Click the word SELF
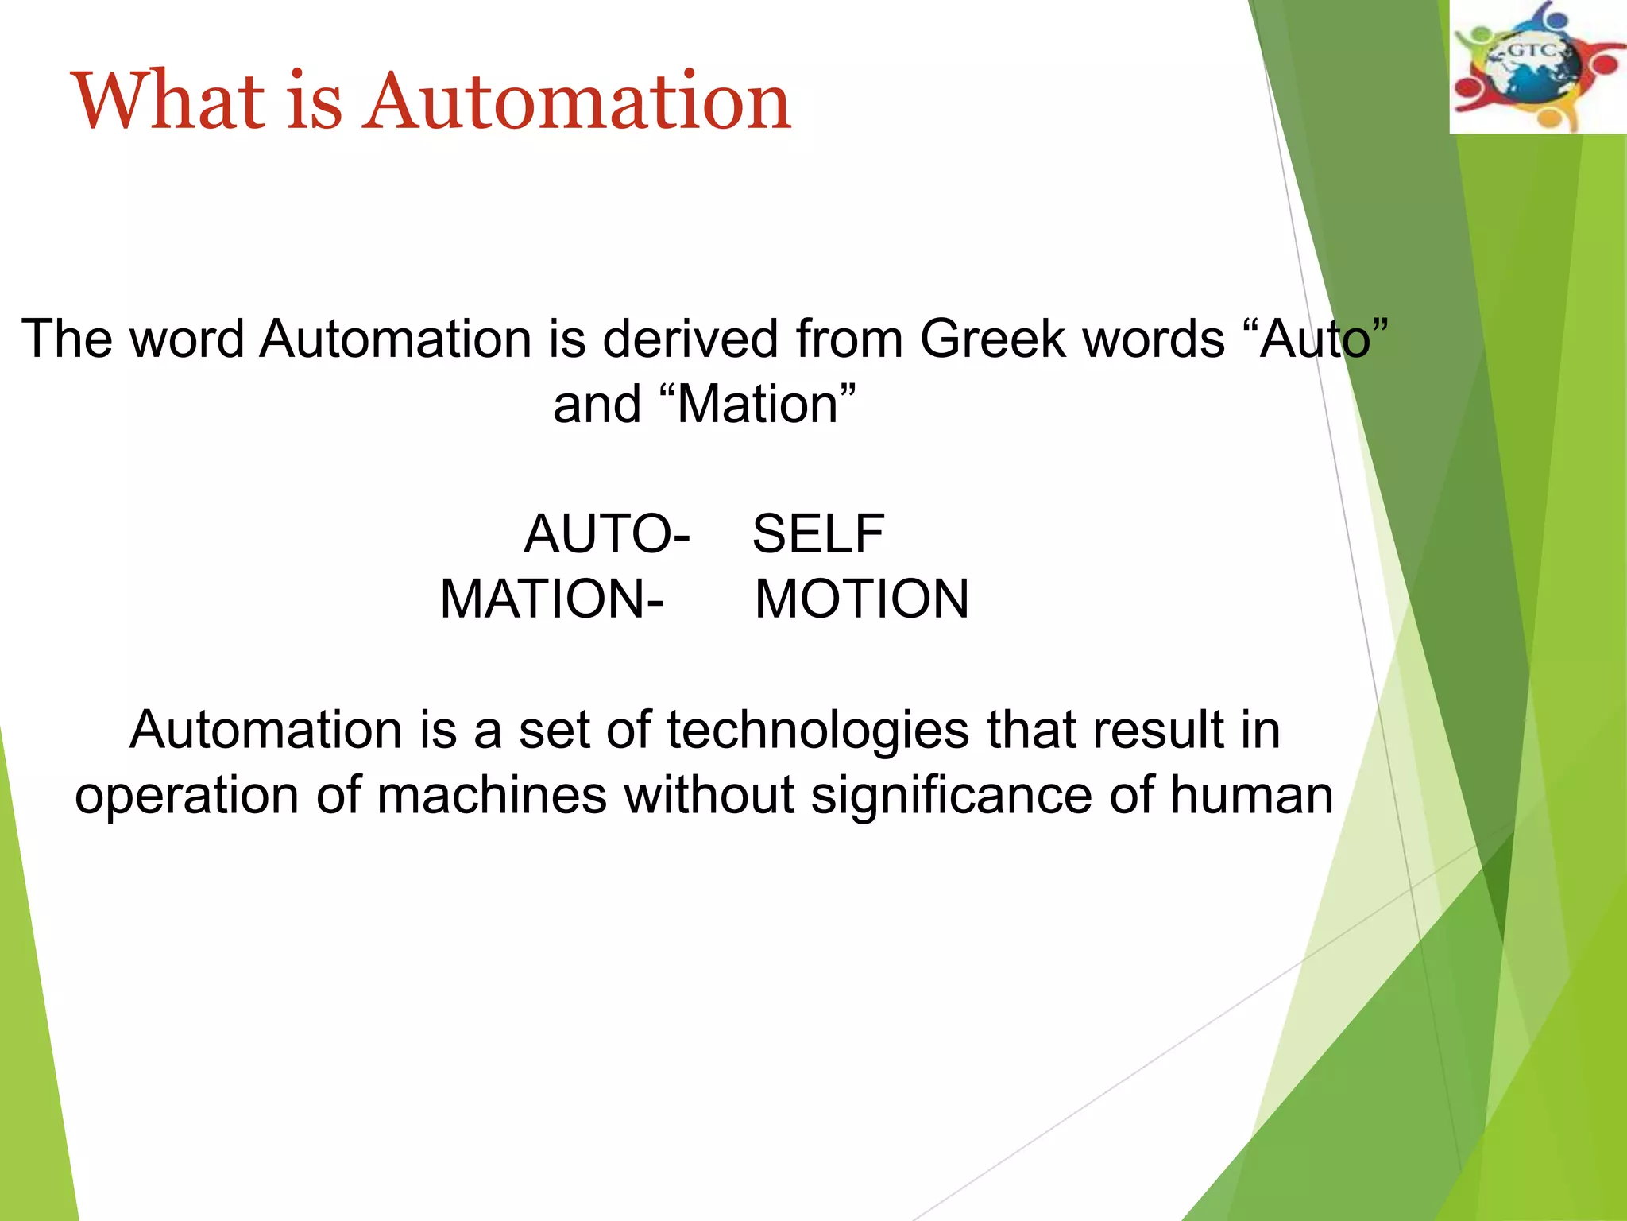[817, 533]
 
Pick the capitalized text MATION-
[551, 599]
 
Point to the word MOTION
[862, 599]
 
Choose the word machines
[492, 795]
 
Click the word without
[709, 795]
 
